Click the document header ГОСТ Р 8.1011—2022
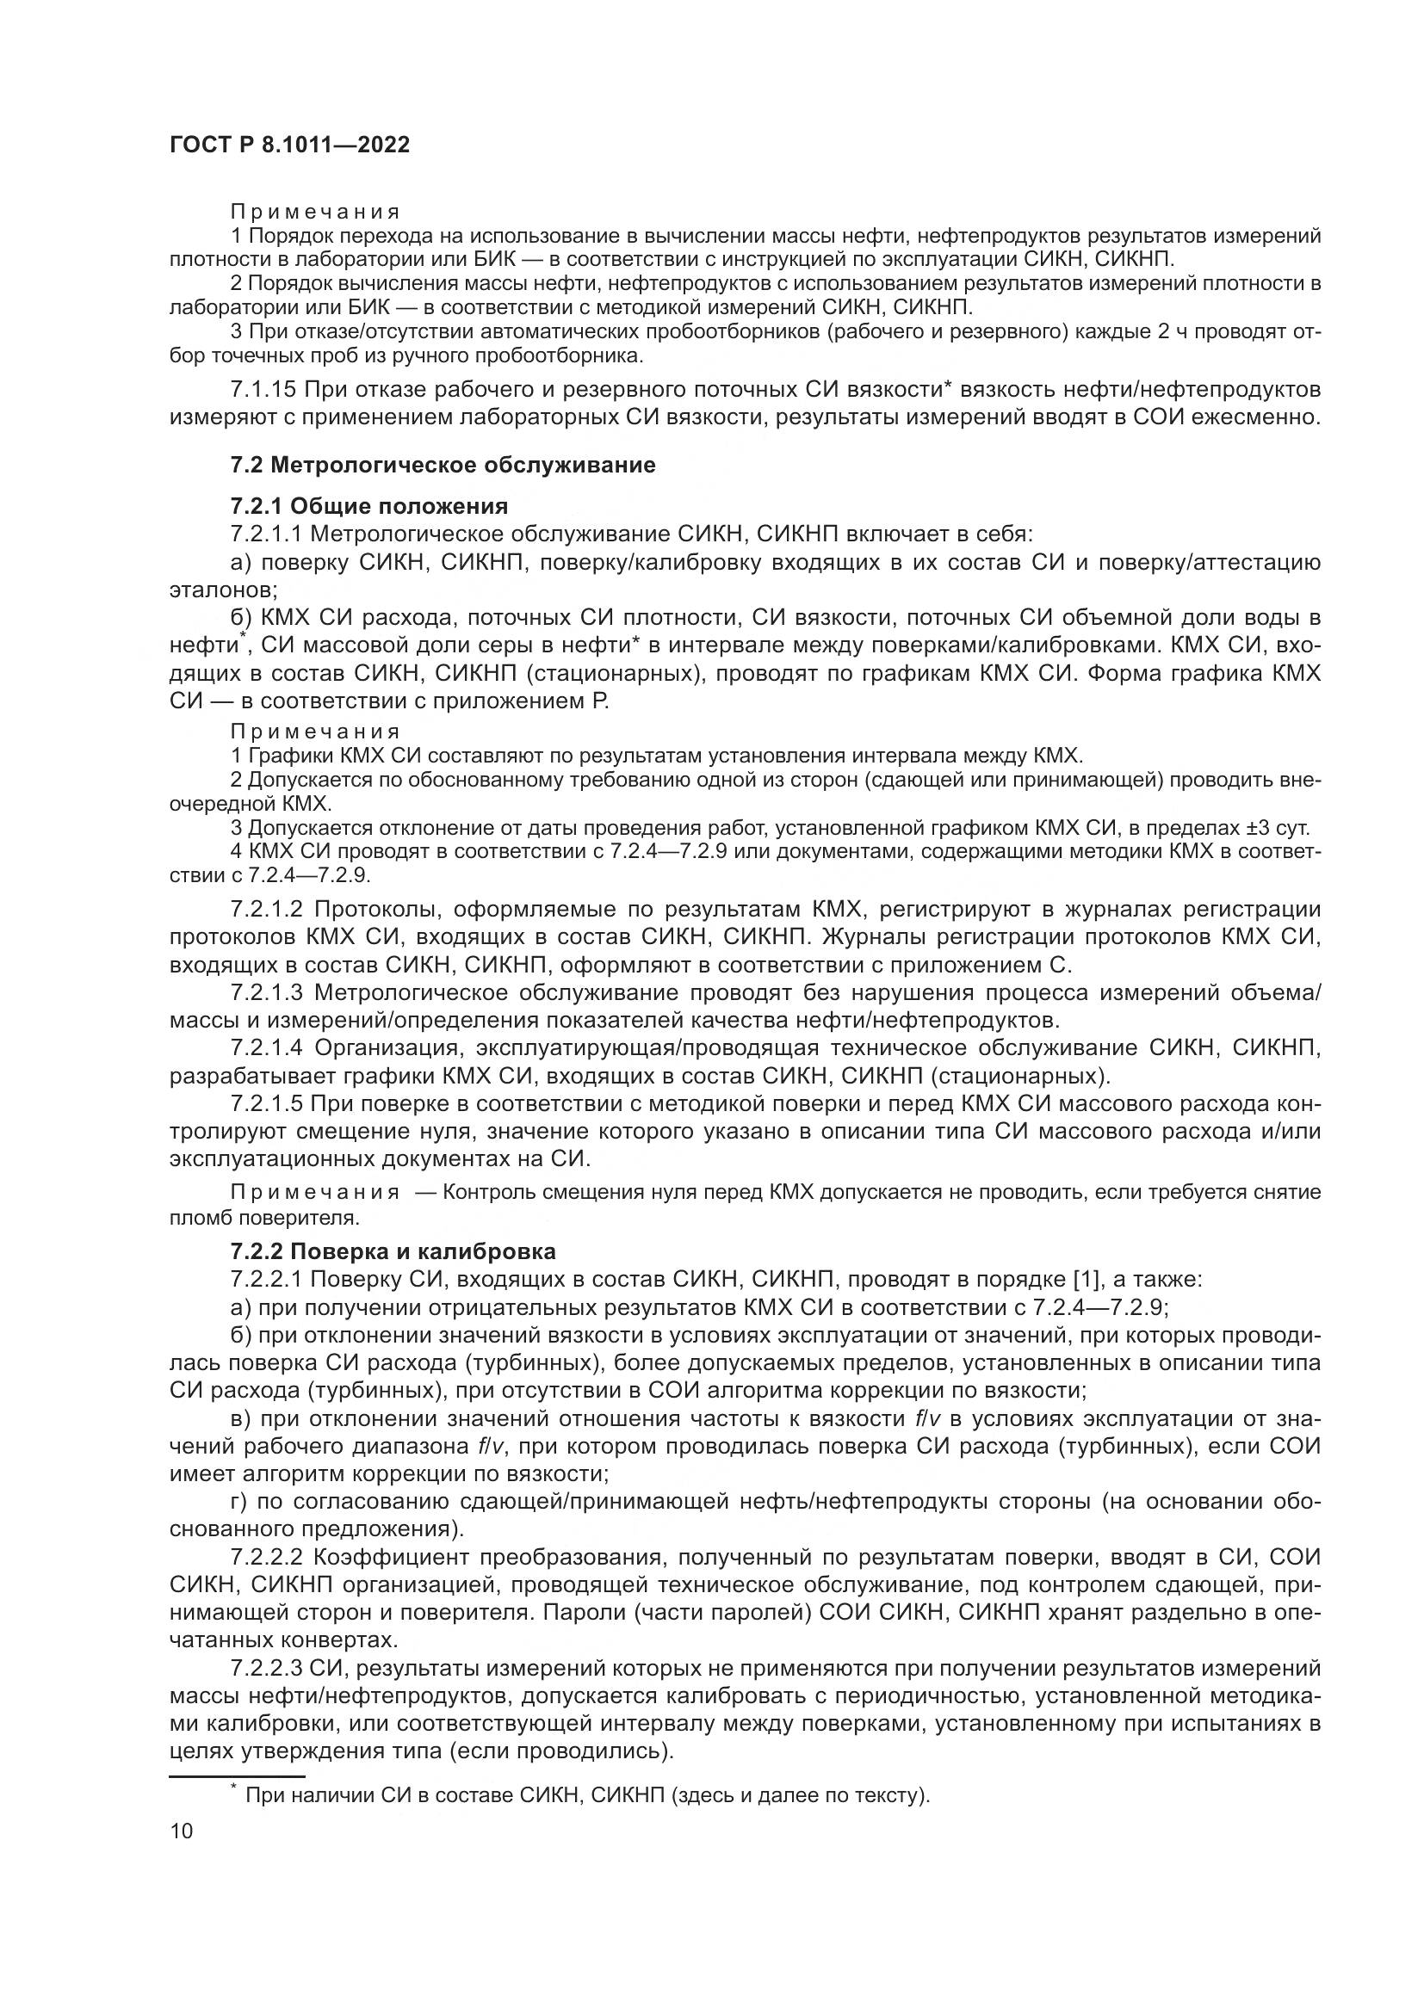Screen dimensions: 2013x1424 [289, 145]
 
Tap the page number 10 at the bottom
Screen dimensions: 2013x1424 [181, 1831]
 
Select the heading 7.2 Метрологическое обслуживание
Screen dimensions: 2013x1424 [443, 465]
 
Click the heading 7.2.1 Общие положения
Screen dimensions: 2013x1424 [369, 506]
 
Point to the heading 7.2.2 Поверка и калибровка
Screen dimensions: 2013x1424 [393, 1250]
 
